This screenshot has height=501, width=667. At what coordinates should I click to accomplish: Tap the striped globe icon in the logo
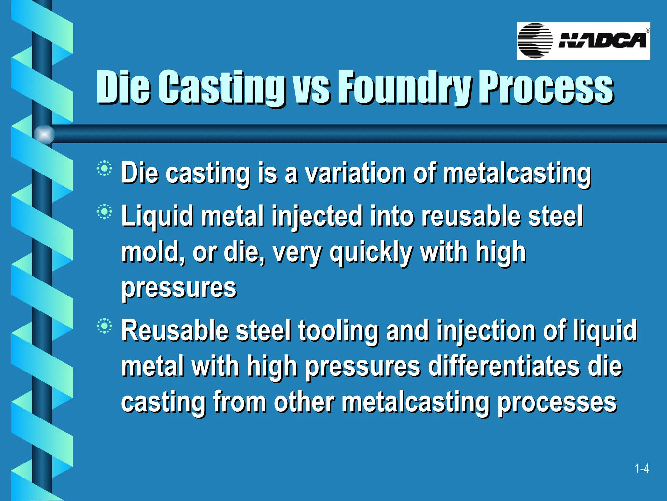tap(535, 41)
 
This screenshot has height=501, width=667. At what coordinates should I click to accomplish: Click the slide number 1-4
tap(642, 469)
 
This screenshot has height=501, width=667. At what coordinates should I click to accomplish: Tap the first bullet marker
tap(104, 169)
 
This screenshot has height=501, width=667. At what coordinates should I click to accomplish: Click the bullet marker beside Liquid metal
tap(104, 212)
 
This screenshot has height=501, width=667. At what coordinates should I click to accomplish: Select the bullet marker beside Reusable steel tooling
tap(104, 326)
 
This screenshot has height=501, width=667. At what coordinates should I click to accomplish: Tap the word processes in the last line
tap(557, 402)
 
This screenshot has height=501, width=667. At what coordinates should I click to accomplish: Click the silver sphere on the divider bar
tap(44, 134)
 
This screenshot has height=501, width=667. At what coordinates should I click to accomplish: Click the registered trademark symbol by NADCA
tap(648, 30)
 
